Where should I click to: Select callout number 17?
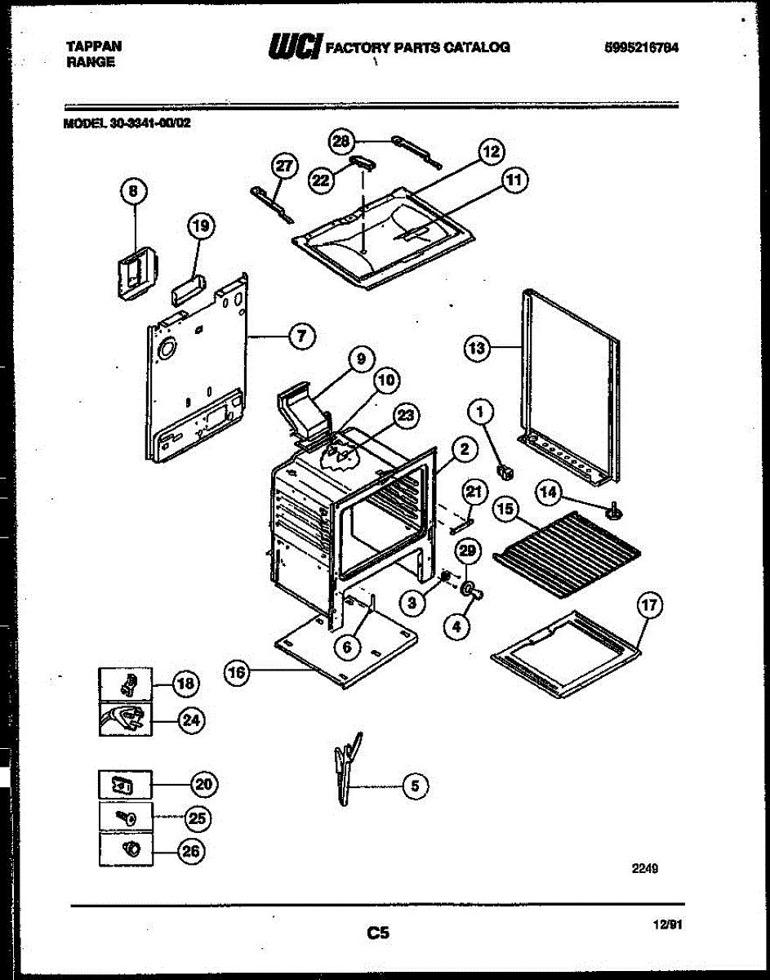point(649,606)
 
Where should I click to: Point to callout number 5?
point(415,786)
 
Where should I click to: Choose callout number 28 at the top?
point(341,142)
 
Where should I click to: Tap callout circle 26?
point(190,851)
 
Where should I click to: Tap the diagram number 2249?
point(644,869)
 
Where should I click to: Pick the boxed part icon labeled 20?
point(125,786)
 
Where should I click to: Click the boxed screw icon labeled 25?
point(125,817)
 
